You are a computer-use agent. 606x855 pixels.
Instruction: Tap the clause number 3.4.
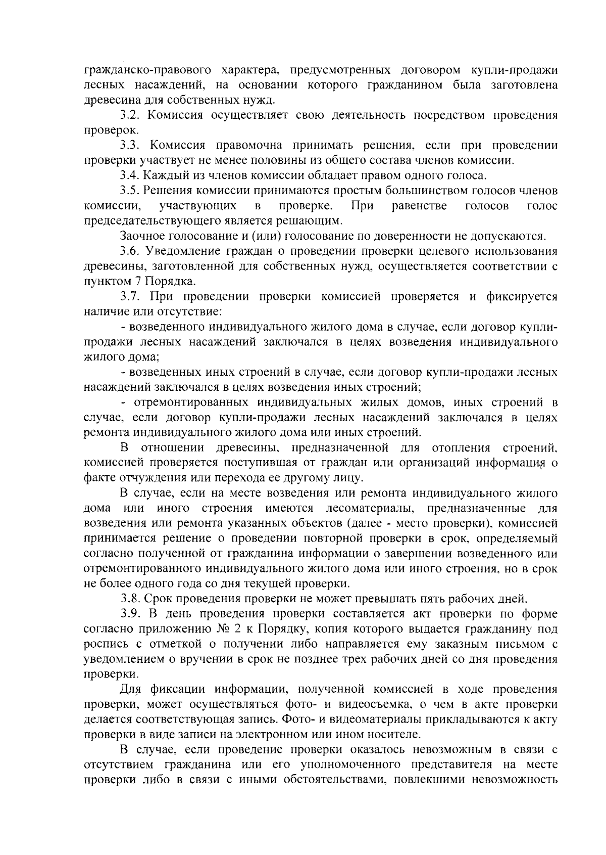coord(130,176)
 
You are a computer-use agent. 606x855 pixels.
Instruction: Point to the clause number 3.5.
coord(130,191)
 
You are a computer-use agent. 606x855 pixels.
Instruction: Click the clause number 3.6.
coord(130,251)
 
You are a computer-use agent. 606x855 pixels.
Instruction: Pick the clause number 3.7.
coord(130,297)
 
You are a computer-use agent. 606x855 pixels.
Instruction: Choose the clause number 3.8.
coord(130,599)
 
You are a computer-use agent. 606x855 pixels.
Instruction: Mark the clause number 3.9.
coord(130,614)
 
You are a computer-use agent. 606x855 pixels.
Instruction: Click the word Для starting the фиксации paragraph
coord(130,690)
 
